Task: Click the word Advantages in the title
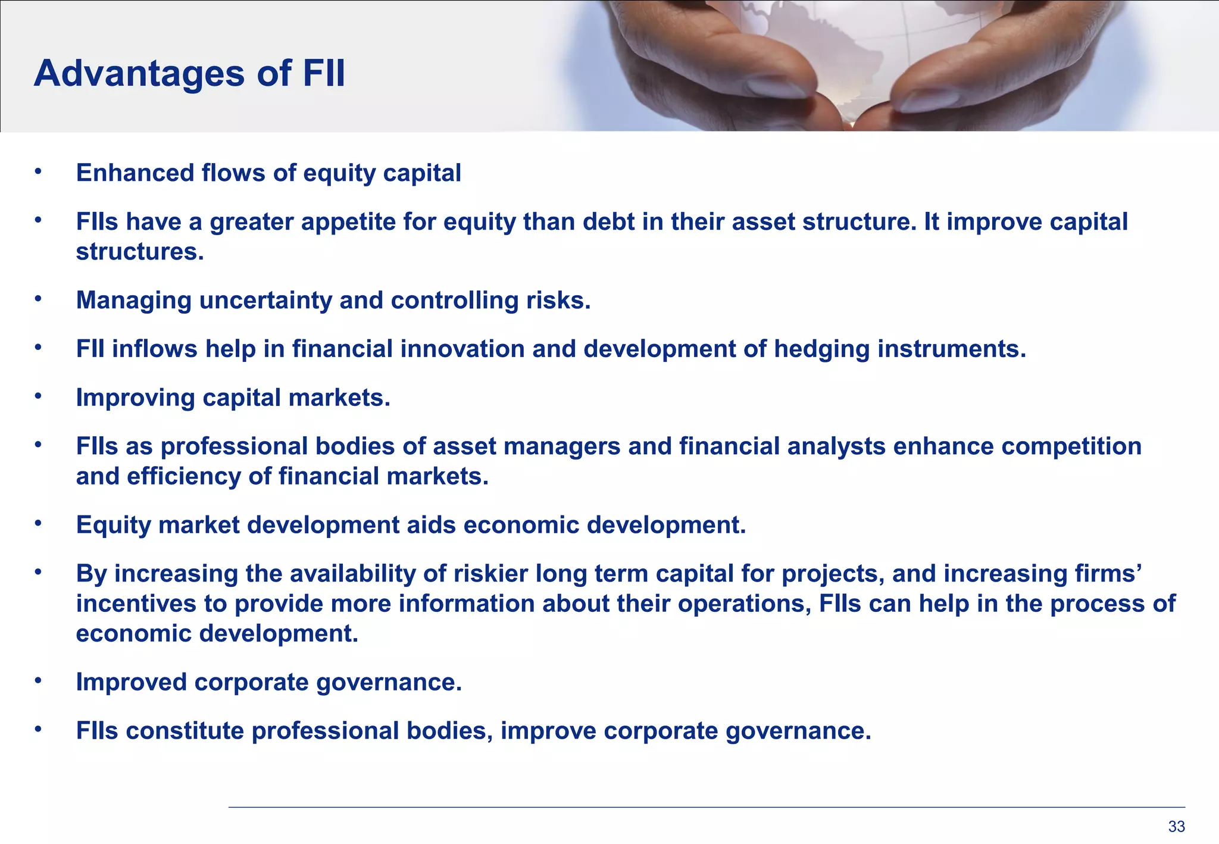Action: (139, 74)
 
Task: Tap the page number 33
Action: (1176, 826)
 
